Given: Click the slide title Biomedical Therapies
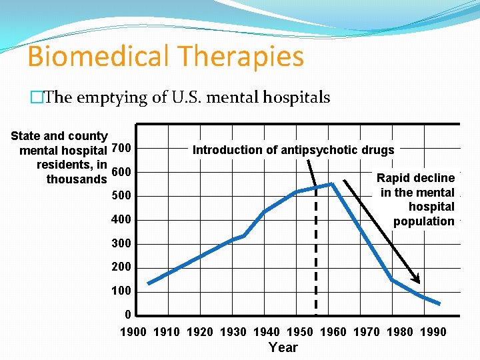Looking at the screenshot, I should coord(165,56).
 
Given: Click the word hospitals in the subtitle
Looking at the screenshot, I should coord(298,97).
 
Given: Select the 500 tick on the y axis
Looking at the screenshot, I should coord(121,196).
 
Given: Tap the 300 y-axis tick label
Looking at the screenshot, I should coord(121,243).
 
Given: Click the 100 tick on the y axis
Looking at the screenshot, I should coord(121,291).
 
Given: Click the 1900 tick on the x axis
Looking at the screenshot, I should coord(133,332).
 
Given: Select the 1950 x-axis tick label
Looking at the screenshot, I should coord(300,332).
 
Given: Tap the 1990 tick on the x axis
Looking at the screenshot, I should coord(433,332).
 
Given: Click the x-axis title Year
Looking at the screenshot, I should coord(283,347).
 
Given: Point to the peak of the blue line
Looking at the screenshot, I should coord(331,183).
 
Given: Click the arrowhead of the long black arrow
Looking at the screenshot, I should coord(417,281).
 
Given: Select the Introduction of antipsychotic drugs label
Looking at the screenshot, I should coord(293,150).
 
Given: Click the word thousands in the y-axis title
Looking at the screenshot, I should coord(76,179).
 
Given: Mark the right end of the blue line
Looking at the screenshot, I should coord(439,303).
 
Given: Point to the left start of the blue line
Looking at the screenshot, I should coord(149,283).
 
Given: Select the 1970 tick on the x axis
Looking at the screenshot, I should coord(367,332).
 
